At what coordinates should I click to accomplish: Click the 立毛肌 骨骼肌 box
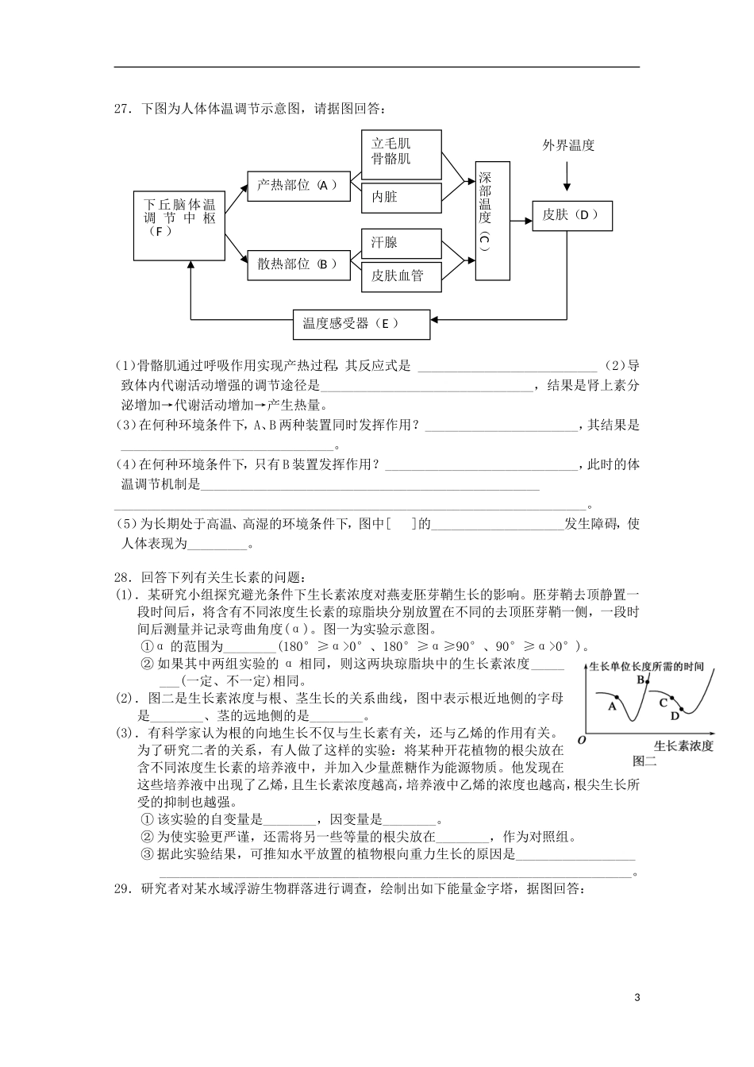[402, 151]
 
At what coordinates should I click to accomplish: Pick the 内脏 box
[402, 197]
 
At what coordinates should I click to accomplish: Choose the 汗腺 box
[402, 243]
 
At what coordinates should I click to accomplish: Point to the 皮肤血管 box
[402, 275]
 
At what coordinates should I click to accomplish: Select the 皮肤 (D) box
[571, 214]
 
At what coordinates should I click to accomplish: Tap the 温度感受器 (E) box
[361, 324]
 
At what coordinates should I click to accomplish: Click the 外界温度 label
[568, 145]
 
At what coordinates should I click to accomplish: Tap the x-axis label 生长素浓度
[683, 746]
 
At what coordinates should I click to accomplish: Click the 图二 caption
[644, 761]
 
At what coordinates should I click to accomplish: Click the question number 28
[123, 577]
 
